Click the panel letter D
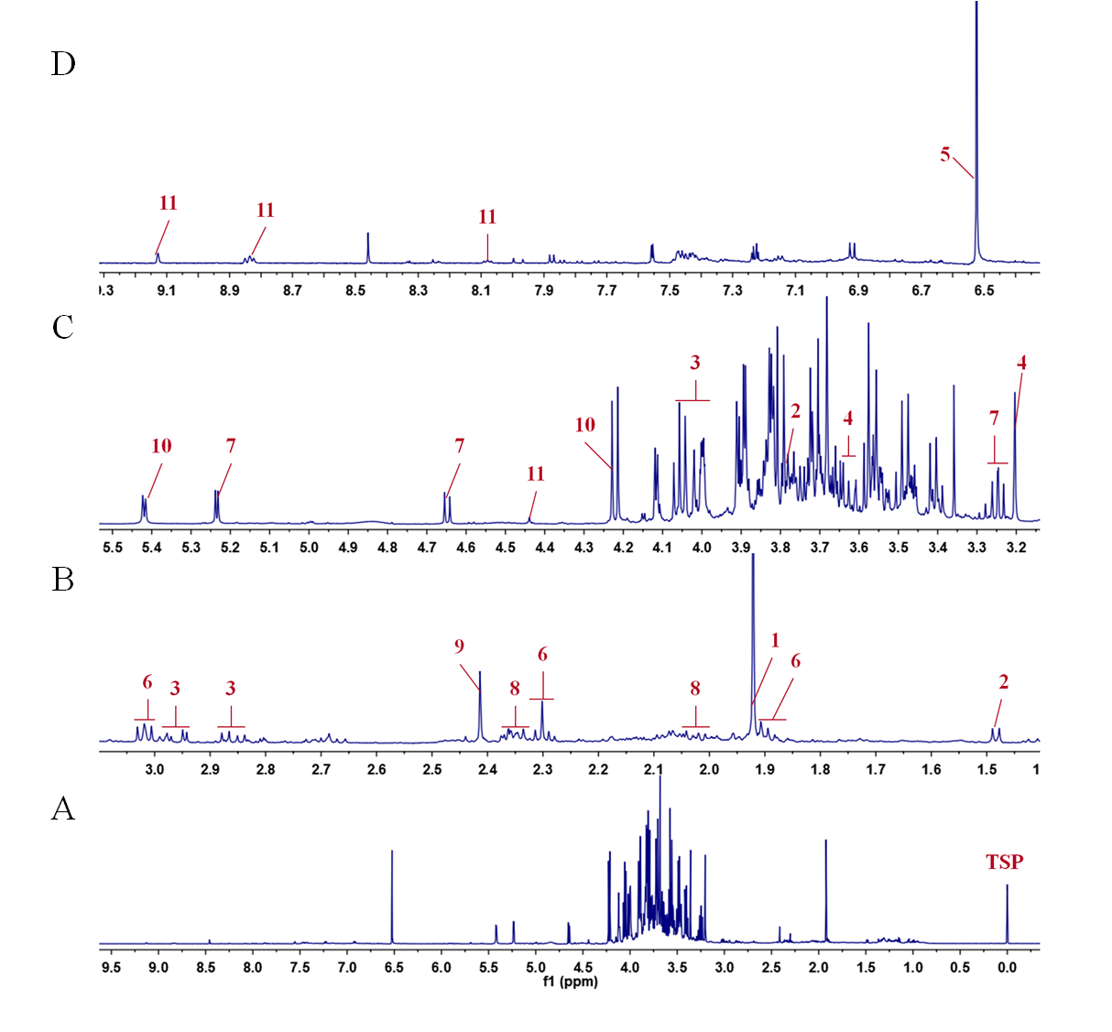pyautogui.click(x=63, y=64)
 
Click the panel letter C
pyautogui.click(x=63, y=327)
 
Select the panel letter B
pyautogui.click(x=63, y=580)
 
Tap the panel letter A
pyautogui.click(x=63, y=809)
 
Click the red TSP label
pyautogui.click(x=1004, y=862)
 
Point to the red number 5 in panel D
pyautogui.click(x=945, y=155)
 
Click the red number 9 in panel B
pyautogui.click(x=459, y=646)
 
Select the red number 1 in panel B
pyautogui.click(x=774, y=640)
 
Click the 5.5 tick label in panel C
pyautogui.click(x=113, y=548)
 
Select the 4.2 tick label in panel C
pyautogui.click(x=623, y=548)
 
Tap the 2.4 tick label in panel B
pyautogui.click(x=487, y=769)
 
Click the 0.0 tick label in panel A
pyautogui.click(x=1007, y=967)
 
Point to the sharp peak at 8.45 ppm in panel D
pyautogui.click(x=367, y=247)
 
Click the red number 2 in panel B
pyautogui.click(x=1004, y=682)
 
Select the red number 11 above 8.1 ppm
pyautogui.click(x=487, y=217)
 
